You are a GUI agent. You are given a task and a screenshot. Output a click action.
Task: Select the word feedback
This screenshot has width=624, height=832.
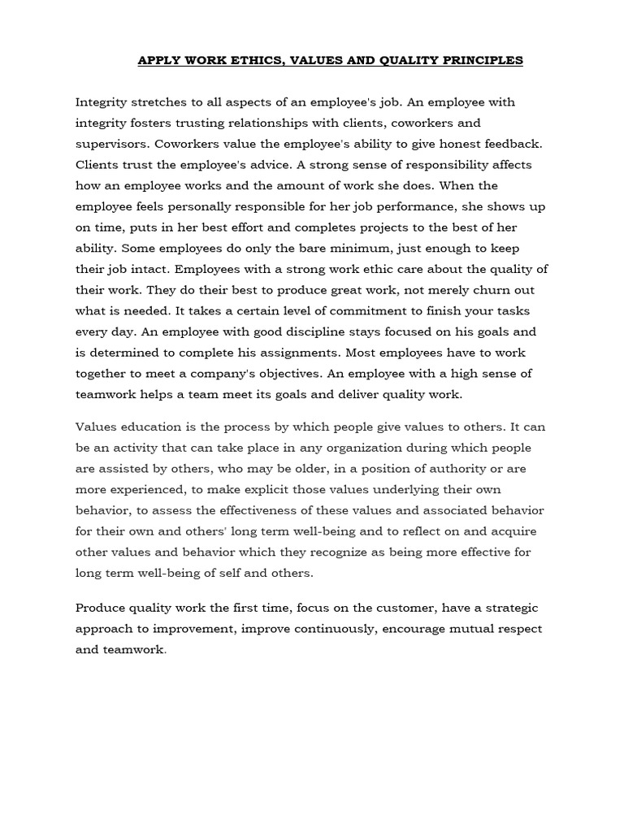tap(513, 145)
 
